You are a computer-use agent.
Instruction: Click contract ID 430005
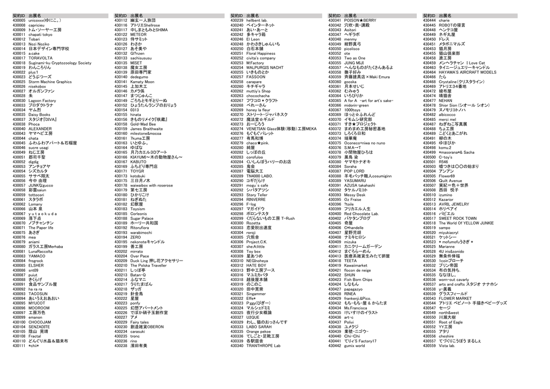point(19,20)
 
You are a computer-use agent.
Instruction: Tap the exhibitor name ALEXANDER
point(40,129)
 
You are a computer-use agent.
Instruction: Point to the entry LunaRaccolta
point(40,251)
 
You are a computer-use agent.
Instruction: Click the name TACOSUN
point(38,294)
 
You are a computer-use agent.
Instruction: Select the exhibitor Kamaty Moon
point(142,82)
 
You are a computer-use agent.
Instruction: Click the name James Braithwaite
point(146,129)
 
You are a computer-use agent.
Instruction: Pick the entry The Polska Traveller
point(148,265)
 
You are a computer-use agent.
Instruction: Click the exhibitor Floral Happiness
point(260,53)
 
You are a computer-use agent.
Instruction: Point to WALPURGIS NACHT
point(264,68)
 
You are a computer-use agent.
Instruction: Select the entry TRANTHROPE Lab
point(263,345)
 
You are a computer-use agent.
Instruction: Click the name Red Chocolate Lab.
point(365,214)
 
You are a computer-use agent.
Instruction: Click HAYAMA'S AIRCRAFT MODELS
point(467,72)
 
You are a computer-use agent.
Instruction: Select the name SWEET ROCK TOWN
point(457,219)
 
